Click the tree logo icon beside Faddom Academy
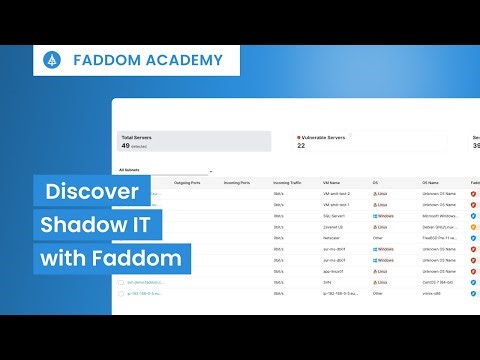51,60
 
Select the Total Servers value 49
126,145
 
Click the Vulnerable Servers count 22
301,146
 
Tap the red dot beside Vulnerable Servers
299,136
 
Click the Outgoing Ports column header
189,183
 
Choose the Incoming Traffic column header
288,183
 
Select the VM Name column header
333,183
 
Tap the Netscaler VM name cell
333,238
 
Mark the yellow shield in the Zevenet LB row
474,227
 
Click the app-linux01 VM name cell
336,271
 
